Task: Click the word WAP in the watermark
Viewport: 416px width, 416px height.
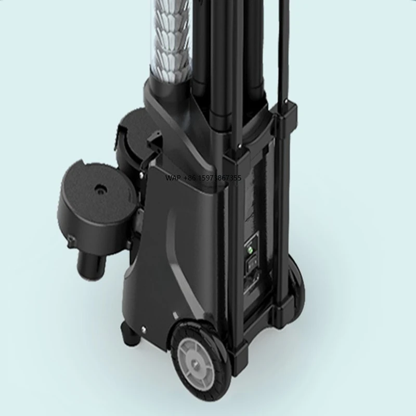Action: coord(172,178)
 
